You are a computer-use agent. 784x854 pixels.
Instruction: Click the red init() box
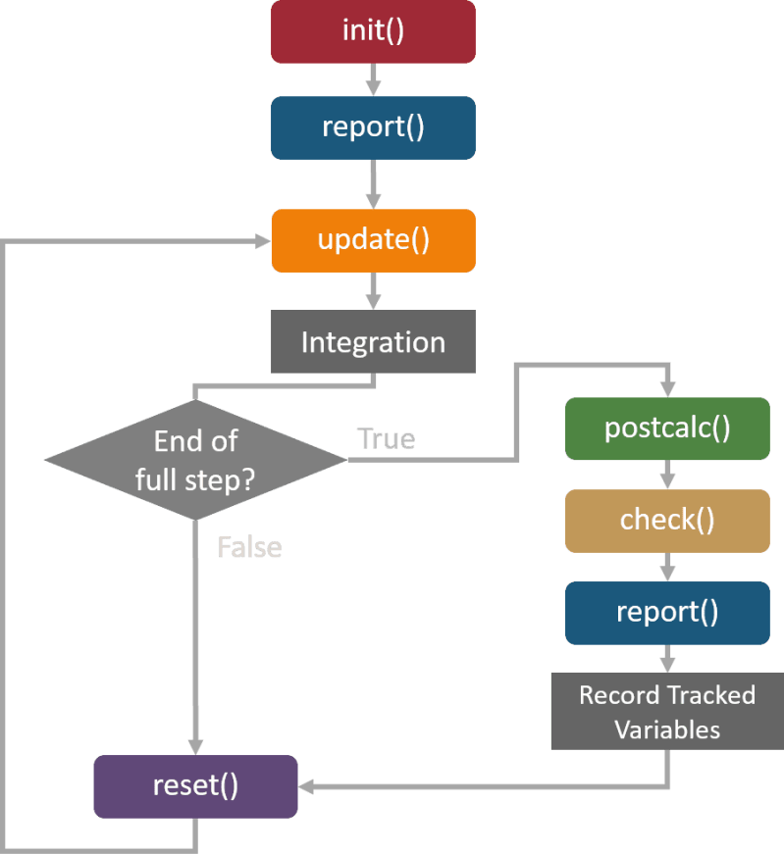coord(373,30)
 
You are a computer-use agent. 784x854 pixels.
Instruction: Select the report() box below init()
coord(373,127)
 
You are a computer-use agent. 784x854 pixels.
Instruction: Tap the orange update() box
coord(373,240)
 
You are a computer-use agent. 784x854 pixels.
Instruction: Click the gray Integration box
coord(373,342)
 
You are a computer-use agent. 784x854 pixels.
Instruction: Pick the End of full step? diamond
coord(196,459)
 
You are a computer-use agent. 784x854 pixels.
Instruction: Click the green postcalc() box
coord(667,428)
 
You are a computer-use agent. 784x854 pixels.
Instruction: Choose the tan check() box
coord(667,520)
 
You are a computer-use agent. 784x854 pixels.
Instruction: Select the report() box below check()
coord(667,612)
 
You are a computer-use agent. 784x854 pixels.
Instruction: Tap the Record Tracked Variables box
coord(667,712)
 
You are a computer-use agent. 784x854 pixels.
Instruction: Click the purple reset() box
coord(196,786)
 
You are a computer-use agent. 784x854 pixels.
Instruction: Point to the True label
coord(386,438)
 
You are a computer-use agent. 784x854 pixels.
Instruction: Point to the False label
coord(249,547)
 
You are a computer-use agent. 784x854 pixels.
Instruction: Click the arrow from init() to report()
coord(373,78)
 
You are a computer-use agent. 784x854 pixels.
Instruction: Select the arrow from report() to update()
coord(373,183)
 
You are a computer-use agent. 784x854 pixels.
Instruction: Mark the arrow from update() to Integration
coord(373,290)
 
